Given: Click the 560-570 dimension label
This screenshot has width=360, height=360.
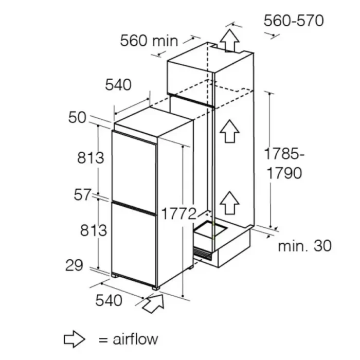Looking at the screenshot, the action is (x=294, y=21).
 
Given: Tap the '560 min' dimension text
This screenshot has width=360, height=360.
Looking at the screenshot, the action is (x=149, y=41).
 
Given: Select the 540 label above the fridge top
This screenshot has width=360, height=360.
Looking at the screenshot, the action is (x=118, y=85).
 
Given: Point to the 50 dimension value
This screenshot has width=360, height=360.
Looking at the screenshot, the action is (x=77, y=118).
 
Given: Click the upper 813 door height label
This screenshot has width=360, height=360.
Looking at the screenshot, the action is (x=91, y=158).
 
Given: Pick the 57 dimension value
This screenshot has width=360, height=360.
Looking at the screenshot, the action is (x=82, y=195).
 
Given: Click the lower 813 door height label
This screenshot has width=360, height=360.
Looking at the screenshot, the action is (x=94, y=230).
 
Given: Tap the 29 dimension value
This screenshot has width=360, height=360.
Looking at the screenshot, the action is (x=74, y=265).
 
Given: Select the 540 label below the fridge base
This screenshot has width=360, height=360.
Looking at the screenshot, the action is (x=109, y=300).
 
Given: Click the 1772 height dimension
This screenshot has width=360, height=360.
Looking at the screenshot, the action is (x=179, y=214).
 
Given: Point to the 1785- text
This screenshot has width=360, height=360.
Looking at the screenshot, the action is (x=284, y=154).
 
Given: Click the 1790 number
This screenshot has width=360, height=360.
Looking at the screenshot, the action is (x=284, y=173).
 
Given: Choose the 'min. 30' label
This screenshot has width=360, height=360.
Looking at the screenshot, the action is (x=304, y=246).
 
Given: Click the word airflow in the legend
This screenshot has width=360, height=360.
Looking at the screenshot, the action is (x=135, y=339).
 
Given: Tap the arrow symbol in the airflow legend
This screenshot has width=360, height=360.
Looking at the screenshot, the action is (x=75, y=339).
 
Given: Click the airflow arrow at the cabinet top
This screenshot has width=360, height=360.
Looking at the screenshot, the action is (x=229, y=41).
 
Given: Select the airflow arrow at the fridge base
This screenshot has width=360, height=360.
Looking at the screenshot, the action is (x=153, y=303).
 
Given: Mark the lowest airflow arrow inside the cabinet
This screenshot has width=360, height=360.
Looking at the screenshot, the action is (x=229, y=203).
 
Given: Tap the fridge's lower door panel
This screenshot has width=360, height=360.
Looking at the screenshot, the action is (x=134, y=244).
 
